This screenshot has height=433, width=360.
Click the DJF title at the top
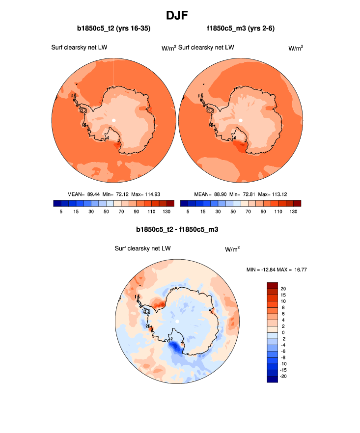(179, 15)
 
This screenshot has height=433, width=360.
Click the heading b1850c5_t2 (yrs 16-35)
(114, 29)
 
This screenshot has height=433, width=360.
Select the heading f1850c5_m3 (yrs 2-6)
(240, 29)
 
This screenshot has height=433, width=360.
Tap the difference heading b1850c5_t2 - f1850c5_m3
(177, 229)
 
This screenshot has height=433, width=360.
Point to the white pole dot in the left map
(113, 120)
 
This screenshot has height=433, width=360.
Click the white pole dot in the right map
(241, 120)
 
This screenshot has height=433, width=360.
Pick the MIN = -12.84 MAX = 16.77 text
(279, 270)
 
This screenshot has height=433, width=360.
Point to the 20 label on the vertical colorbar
(284, 289)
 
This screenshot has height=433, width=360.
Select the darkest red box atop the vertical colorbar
(273, 285)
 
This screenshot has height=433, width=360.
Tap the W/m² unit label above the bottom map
(232, 249)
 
